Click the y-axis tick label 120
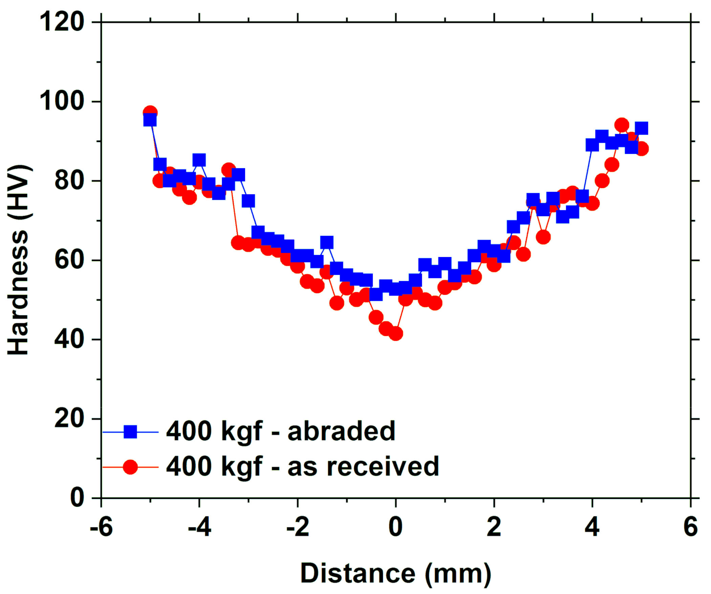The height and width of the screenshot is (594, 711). pyautogui.click(x=62, y=22)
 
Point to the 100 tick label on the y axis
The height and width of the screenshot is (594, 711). pyautogui.click(x=62, y=101)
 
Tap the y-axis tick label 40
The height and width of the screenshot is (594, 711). pyautogui.click(x=69, y=339)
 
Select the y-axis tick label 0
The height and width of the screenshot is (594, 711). pyautogui.click(x=77, y=498)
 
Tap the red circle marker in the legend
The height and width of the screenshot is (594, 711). pyautogui.click(x=130, y=467)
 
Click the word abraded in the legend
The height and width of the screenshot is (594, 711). pyautogui.click(x=341, y=431)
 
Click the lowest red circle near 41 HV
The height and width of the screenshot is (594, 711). pyautogui.click(x=396, y=334)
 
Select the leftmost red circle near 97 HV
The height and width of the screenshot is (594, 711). pyautogui.click(x=150, y=112)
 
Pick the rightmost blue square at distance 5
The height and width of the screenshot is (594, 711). pyautogui.click(x=641, y=128)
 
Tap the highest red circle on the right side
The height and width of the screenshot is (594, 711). pyautogui.click(x=622, y=125)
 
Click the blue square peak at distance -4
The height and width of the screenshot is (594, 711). pyautogui.click(x=199, y=160)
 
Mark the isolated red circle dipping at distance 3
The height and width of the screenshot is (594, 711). pyautogui.click(x=543, y=237)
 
